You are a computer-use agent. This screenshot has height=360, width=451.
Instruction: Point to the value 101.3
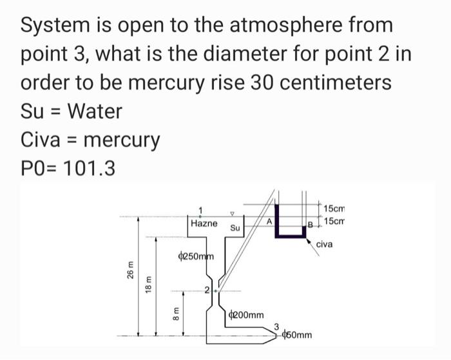pos(91,168)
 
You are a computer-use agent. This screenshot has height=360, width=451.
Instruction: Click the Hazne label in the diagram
pos(204,223)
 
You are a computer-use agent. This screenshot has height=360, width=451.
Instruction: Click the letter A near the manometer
pos(271,220)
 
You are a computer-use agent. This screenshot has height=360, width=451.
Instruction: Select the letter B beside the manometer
pos(309,225)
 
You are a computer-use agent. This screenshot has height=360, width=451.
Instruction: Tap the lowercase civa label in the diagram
pos(325,244)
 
